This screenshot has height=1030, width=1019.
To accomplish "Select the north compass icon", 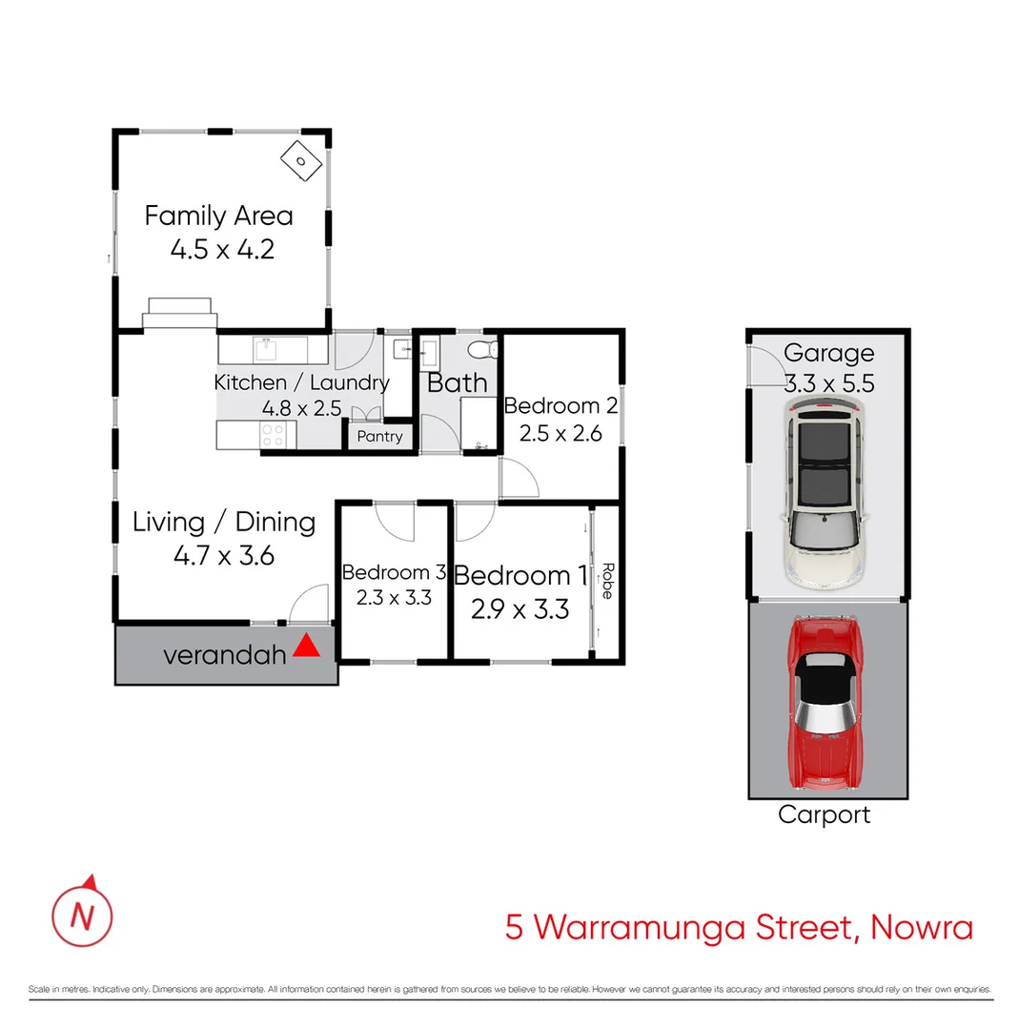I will [x=82, y=913].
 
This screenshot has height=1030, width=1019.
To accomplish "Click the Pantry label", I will [x=379, y=437].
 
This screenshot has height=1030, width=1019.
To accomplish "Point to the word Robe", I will [x=605, y=581].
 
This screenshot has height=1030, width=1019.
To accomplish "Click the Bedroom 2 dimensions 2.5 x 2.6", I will [x=560, y=433].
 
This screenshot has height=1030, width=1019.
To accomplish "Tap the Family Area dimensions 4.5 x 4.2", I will [x=222, y=250].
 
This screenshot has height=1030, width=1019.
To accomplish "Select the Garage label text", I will [x=828, y=354].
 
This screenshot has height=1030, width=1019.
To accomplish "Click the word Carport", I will [x=824, y=815].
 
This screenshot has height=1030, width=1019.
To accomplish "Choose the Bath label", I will [x=457, y=383].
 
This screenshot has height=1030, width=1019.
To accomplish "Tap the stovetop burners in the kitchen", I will [x=274, y=435].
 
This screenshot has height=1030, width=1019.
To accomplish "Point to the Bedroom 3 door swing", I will [x=395, y=520].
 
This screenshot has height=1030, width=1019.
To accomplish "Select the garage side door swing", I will [x=764, y=368].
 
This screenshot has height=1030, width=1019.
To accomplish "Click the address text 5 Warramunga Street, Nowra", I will [x=739, y=927].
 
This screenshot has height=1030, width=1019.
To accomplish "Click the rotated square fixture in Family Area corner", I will [x=300, y=160].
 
